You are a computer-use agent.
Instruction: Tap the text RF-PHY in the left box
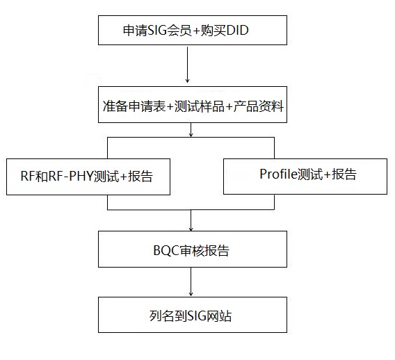[x=72, y=177]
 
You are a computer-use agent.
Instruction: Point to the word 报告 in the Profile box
[x=343, y=174]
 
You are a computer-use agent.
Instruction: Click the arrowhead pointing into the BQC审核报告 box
[x=191, y=229]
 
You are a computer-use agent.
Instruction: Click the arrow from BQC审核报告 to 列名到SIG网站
[x=191, y=281]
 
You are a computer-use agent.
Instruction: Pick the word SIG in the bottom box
[x=200, y=316]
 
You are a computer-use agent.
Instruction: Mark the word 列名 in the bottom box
[x=161, y=316]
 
